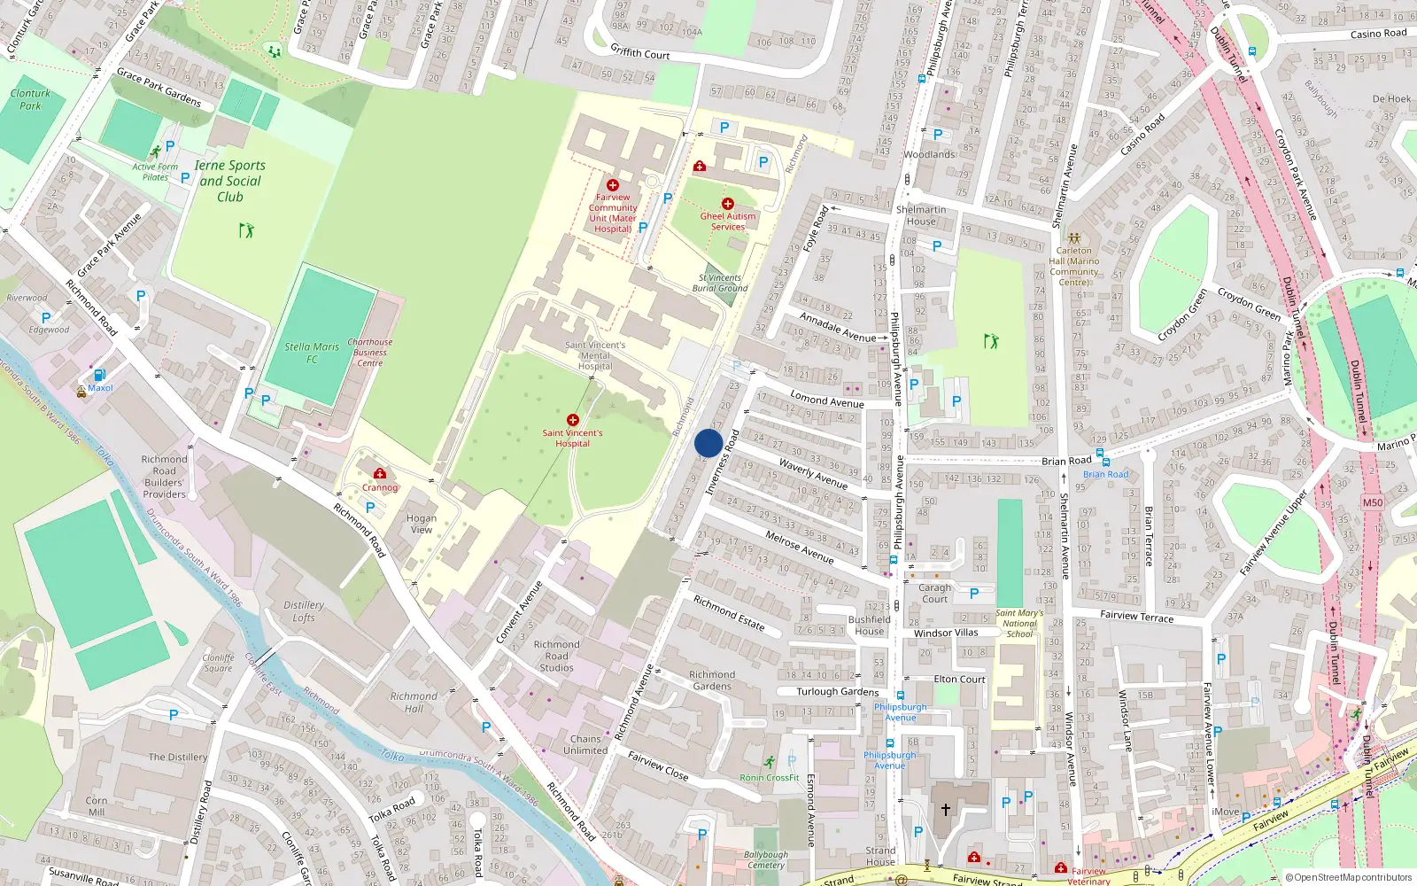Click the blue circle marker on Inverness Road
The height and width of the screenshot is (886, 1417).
pyautogui.click(x=708, y=443)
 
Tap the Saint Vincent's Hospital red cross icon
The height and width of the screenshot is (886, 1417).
pyautogui.click(x=573, y=420)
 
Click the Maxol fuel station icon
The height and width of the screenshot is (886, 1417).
pyautogui.click(x=100, y=375)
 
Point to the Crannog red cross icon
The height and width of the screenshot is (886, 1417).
pyautogui.click(x=380, y=474)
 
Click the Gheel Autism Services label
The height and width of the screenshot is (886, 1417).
pyautogui.click(x=728, y=221)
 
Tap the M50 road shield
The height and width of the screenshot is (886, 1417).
pyautogui.click(x=1372, y=502)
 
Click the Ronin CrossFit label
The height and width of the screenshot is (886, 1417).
pyautogui.click(x=769, y=777)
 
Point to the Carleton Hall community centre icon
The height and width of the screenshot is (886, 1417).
pyautogui.click(x=1074, y=238)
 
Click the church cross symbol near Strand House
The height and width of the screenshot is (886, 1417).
pyautogui.click(x=945, y=809)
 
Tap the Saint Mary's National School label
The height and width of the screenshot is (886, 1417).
pyautogui.click(x=1019, y=623)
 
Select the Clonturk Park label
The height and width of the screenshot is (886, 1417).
pyautogui.click(x=30, y=99)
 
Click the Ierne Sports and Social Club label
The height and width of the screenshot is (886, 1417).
pyautogui.click(x=229, y=181)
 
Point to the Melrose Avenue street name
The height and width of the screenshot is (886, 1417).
pyautogui.click(x=799, y=548)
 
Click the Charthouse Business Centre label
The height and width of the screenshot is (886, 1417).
pyautogui.click(x=369, y=352)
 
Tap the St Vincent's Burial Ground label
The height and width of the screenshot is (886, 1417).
pyautogui.click(x=719, y=283)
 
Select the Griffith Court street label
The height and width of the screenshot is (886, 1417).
pyautogui.click(x=639, y=53)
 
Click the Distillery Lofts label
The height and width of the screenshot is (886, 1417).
pyautogui.click(x=304, y=611)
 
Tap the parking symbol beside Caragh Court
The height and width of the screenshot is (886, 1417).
pyautogui.click(x=974, y=594)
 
